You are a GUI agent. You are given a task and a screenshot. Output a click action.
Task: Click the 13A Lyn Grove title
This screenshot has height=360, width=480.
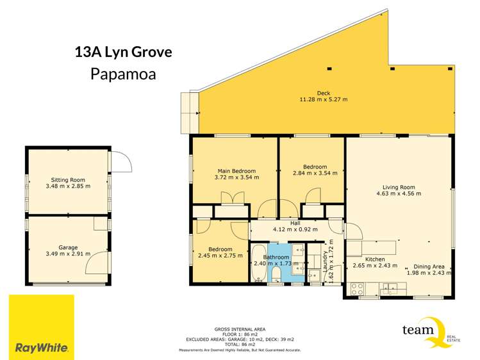(x=122, y=52)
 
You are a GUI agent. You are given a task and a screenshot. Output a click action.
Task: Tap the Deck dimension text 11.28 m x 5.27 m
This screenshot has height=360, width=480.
(x=323, y=99)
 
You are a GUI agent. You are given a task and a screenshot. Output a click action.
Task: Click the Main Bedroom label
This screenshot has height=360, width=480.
(x=236, y=171)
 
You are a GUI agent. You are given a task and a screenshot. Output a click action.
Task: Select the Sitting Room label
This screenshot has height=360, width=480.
(x=68, y=180)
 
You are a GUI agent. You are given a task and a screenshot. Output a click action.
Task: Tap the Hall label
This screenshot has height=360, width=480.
(x=295, y=223)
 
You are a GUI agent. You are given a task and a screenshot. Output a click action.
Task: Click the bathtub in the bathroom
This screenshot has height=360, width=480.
(x=258, y=263)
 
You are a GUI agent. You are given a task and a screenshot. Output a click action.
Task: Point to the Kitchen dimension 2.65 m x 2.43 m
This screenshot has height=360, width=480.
(x=375, y=265)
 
